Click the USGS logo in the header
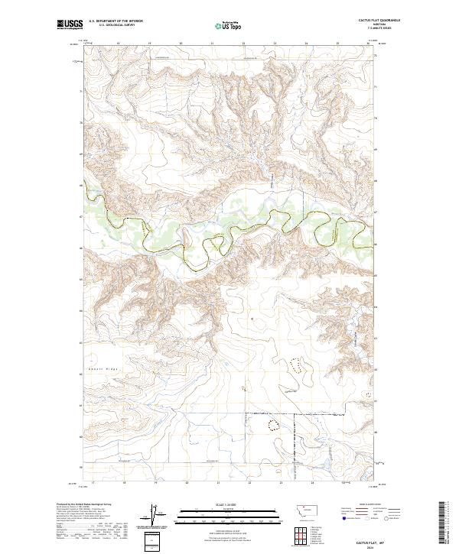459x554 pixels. tap(71, 25)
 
